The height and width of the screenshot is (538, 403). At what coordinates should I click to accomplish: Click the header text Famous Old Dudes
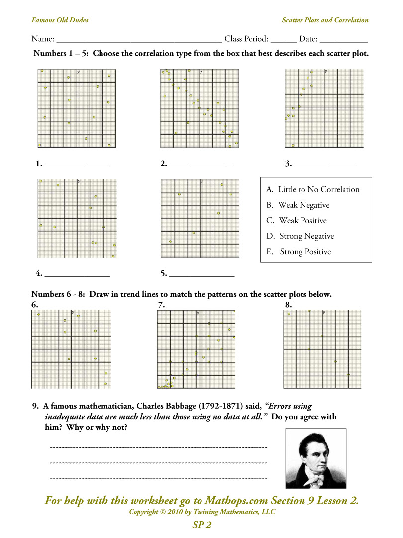[60, 20]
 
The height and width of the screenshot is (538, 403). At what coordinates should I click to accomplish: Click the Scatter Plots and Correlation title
[325, 20]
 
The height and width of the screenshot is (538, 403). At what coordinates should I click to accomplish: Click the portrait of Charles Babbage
[316, 458]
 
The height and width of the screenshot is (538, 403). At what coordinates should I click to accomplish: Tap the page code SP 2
[201, 525]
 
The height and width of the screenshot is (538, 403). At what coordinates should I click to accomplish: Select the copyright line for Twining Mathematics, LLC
[201, 512]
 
